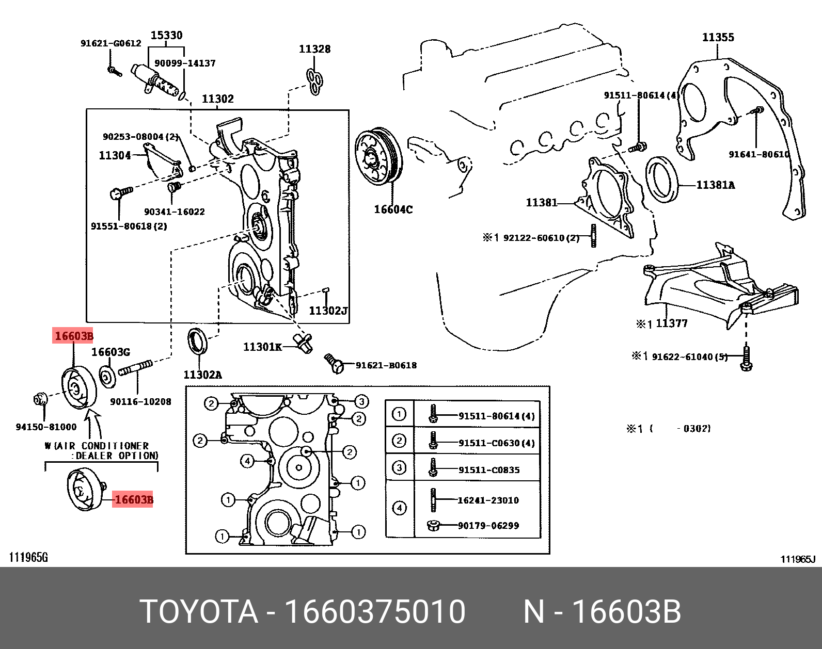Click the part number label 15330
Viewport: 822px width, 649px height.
pos(166,35)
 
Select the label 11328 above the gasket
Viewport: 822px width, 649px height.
pos(314,49)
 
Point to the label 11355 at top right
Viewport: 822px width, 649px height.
pos(718,37)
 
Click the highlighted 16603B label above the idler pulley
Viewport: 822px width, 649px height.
pos(74,336)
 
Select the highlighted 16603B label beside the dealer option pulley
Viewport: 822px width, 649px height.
pos(133,499)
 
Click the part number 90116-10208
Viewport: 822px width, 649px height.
pos(140,401)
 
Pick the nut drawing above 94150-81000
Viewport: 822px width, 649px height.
pos(40,399)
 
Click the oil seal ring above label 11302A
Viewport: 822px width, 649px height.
pos(197,340)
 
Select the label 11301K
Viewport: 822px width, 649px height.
pos(262,347)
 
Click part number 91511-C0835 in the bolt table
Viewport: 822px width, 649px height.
pos(488,470)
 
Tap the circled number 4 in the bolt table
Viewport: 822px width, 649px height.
pos(399,508)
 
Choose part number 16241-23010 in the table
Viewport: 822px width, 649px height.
pos(488,500)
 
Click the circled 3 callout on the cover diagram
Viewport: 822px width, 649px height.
pos(361,401)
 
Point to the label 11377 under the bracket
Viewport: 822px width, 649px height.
pos(671,323)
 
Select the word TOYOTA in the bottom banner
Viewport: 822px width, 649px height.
pos(199,612)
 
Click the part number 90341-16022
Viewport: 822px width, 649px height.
pos(174,212)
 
